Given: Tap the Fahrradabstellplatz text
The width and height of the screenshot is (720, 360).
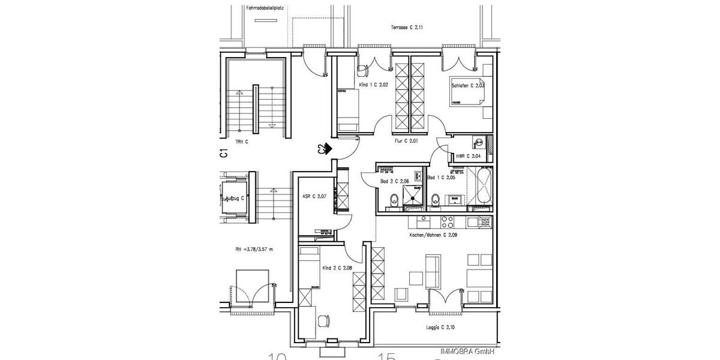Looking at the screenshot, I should pos(265,8).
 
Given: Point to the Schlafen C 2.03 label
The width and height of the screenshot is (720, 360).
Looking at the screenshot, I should pos(468,86).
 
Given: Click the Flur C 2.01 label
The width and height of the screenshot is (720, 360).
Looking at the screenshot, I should pos(406,141).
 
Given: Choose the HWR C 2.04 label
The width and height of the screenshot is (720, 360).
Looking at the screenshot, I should pos(468,156).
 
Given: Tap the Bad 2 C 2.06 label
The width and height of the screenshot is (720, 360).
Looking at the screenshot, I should pos(394,181).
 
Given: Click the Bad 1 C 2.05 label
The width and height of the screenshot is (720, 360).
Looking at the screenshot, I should pos(442,178).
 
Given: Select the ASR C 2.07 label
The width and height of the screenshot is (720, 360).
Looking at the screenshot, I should pos(314,196).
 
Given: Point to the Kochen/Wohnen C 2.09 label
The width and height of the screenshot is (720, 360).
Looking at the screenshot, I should pos(433,236).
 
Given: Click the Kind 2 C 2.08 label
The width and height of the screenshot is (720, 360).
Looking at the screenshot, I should pos(337,268).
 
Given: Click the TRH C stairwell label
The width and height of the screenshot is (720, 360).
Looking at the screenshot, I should pos(242,142).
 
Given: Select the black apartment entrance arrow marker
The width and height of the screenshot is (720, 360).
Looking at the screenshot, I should pos(326,148).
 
